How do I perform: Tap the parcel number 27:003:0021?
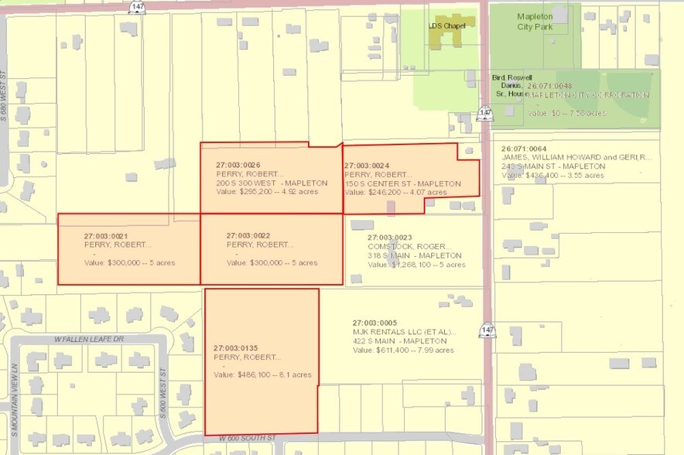[106, 234]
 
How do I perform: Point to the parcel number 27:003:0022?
[248, 234]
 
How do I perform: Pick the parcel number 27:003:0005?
[374, 322]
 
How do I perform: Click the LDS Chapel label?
[446, 25]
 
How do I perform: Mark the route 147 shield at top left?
[136, 6]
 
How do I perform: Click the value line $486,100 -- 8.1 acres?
[262, 375]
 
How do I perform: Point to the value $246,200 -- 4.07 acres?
[395, 192]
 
